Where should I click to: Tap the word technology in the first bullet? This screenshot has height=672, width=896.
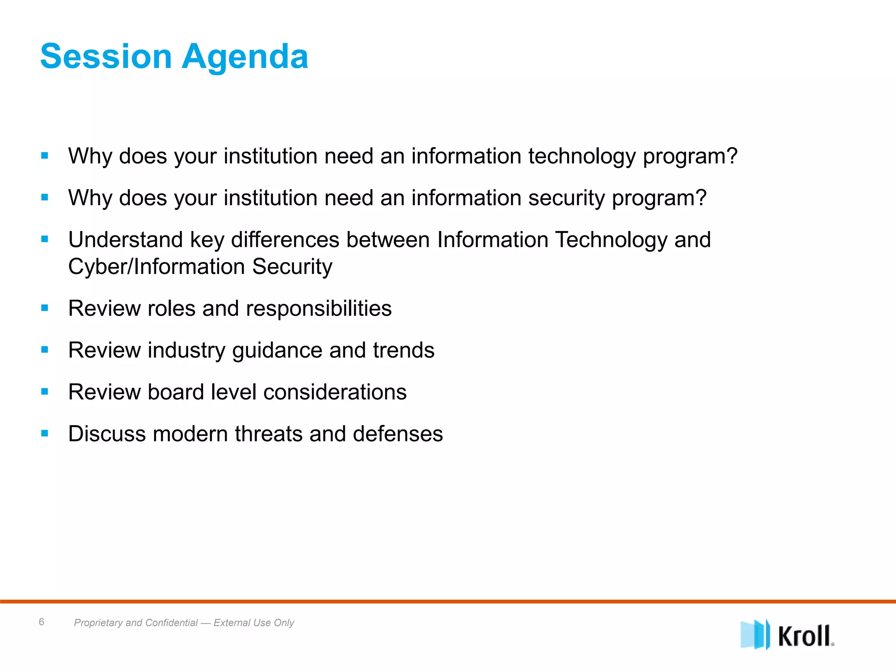point(582,156)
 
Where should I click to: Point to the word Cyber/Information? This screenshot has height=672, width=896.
point(157,267)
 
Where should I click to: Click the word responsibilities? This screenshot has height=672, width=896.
point(318,308)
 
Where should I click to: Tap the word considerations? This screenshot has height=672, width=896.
point(335,392)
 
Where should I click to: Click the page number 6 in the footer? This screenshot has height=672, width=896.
point(42,622)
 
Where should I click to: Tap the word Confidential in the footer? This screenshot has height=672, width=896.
point(171,623)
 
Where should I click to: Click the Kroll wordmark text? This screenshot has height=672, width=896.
point(805,636)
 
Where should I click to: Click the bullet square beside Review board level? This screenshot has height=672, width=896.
point(45,392)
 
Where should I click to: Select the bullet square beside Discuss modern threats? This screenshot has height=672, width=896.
point(45,434)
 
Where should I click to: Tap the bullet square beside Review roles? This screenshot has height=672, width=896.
point(45,308)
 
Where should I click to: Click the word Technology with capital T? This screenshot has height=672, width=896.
point(611,240)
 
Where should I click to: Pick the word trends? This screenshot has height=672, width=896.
point(403,350)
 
